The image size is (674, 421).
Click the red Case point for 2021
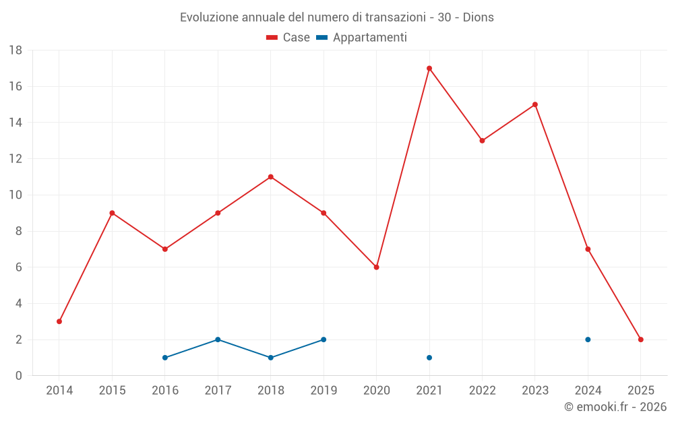[x=429, y=68]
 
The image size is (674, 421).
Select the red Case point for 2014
[x=59, y=321]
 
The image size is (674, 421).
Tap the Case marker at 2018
[x=270, y=177]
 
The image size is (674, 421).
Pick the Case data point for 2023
[x=535, y=104]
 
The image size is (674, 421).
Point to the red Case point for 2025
[x=641, y=339]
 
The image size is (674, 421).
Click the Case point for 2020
[x=376, y=267]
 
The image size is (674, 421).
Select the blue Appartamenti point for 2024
[x=588, y=339]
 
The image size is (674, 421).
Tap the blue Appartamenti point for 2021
[x=429, y=358]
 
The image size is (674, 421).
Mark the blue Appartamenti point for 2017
[x=218, y=339]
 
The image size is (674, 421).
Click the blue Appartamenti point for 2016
[x=165, y=358]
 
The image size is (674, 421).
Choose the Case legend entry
[x=288, y=38]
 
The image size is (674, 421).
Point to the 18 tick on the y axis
[x=16, y=51]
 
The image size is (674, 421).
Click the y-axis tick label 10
[x=16, y=195]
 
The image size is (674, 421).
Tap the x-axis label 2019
[x=324, y=391]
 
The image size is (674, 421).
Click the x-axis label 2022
[x=482, y=391]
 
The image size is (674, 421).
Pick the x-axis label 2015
[x=112, y=391]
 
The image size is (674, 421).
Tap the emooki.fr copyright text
[x=615, y=407]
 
